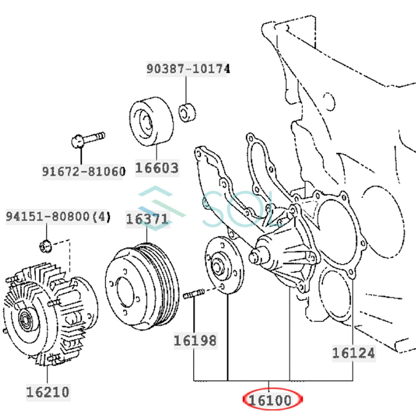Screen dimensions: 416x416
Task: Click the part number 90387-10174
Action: [188, 69]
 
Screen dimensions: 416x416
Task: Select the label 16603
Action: [157, 168]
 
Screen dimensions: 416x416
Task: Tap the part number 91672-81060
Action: [83, 171]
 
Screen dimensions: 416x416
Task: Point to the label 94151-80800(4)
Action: [58, 217]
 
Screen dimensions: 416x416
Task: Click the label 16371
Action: [147, 219]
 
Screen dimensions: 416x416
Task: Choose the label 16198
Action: [195, 340]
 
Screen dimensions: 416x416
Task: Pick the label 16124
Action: [353, 353]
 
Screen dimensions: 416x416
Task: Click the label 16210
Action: [47, 392]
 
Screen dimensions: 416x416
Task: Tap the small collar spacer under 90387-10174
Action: [187, 112]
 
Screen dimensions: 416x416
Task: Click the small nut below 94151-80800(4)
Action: [46, 246]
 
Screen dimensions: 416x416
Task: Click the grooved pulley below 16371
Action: [142, 287]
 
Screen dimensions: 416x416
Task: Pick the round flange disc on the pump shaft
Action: [224, 265]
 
